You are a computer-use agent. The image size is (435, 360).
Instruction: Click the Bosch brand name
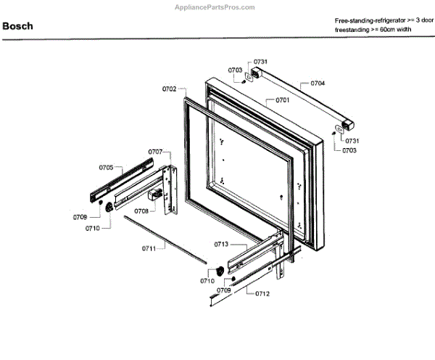(17, 27)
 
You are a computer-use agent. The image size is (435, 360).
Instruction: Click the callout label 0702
(170, 89)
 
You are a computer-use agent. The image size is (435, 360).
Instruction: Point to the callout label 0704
(318, 83)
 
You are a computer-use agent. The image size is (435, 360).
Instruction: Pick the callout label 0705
(107, 168)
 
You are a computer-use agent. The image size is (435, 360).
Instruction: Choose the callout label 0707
(155, 152)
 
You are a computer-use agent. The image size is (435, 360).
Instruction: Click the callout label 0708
(141, 211)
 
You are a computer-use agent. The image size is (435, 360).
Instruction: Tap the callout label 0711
(149, 249)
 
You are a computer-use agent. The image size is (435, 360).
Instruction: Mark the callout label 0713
(221, 245)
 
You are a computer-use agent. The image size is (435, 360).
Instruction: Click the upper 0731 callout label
(261, 62)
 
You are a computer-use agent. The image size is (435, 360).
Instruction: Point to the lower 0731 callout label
(352, 140)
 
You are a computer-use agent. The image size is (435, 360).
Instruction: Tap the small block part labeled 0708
(154, 195)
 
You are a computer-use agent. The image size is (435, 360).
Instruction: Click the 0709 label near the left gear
(80, 217)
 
